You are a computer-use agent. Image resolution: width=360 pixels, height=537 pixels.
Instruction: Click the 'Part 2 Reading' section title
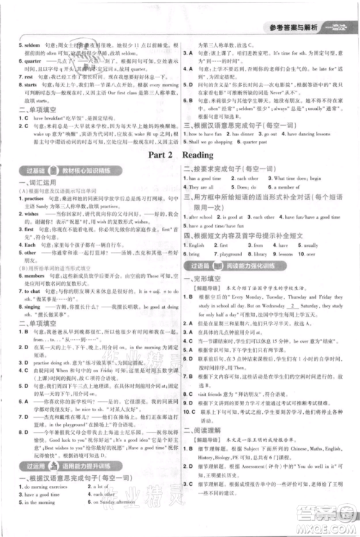[x=180, y=155]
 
